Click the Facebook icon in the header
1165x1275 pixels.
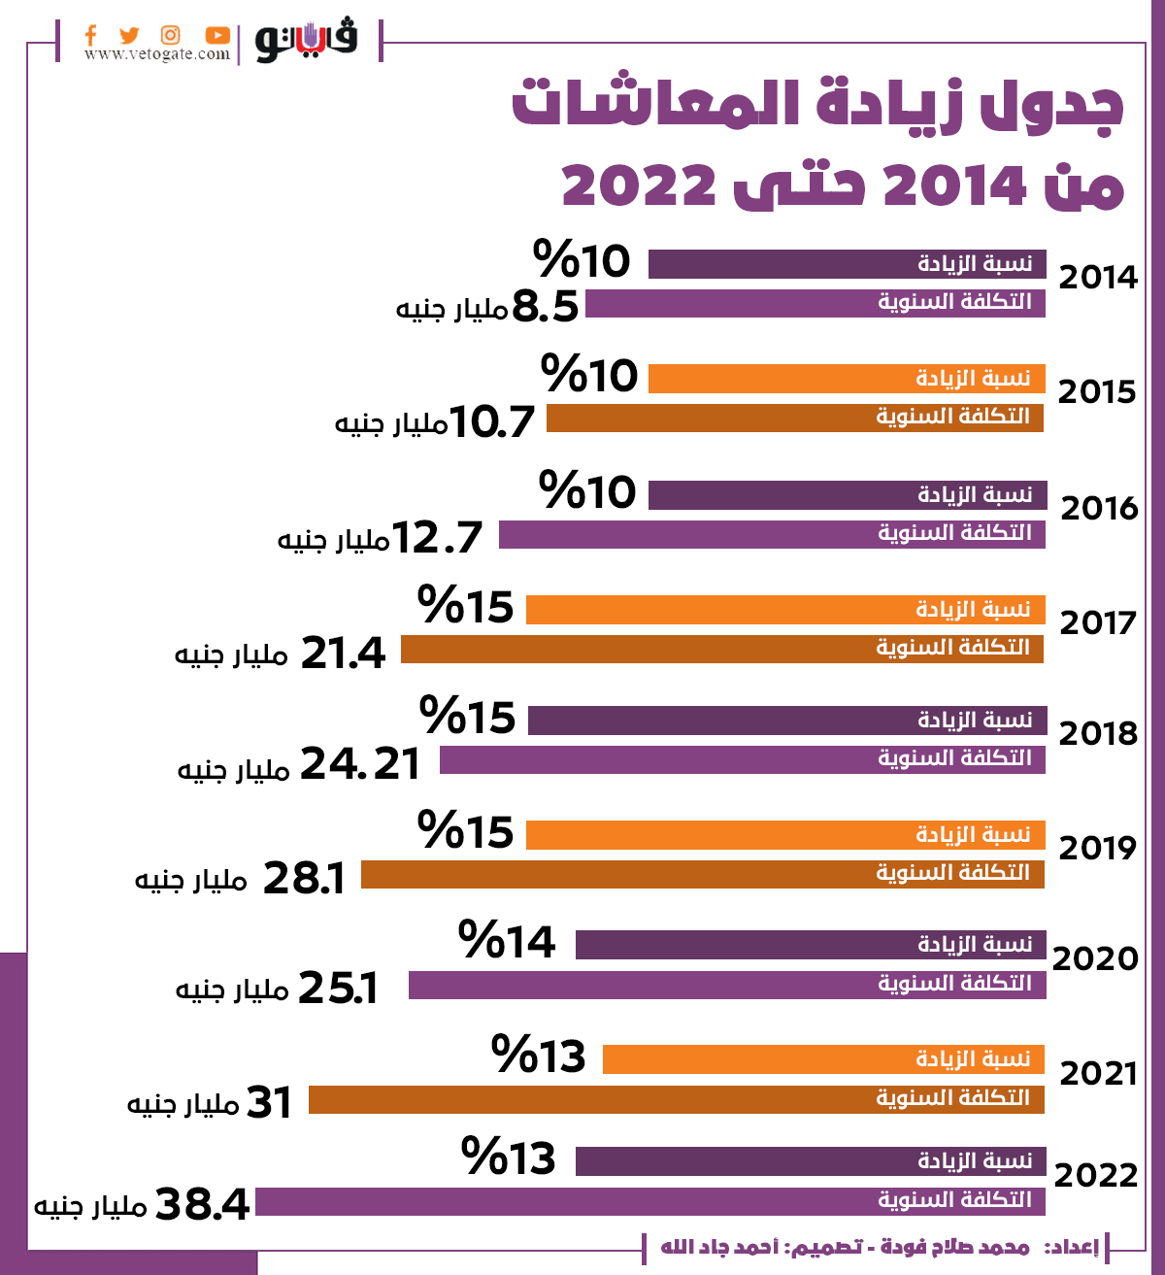point(90,35)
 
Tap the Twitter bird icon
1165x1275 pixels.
point(129,35)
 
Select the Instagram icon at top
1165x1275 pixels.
point(171,35)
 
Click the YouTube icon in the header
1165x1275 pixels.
point(217,35)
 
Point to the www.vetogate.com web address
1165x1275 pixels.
point(156,54)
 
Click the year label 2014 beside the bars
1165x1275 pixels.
point(1098,278)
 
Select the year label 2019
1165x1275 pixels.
point(1097,848)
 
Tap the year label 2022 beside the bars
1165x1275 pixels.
point(1095,1175)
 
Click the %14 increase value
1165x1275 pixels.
point(507,941)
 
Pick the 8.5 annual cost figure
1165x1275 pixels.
point(545,307)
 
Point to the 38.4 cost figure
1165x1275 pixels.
point(202,1204)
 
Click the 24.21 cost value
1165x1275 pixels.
point(360,764)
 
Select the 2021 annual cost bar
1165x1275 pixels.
point(676,1099)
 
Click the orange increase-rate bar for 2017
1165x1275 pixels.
point(784,610)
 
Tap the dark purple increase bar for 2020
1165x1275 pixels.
point(811,945)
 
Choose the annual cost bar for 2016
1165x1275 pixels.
point(772,534)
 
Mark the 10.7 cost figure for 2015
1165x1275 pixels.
point(492,422)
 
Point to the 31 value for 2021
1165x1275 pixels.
point(269,1102)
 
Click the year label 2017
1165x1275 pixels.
point(1098,622)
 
